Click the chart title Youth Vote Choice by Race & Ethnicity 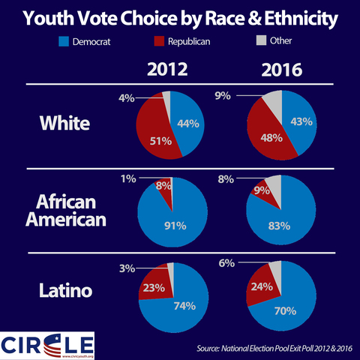click(x=180, y=18)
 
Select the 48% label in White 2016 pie click(x=271, y=137)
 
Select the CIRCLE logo click(x=48, y=345)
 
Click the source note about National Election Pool click(x=274, y=349)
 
